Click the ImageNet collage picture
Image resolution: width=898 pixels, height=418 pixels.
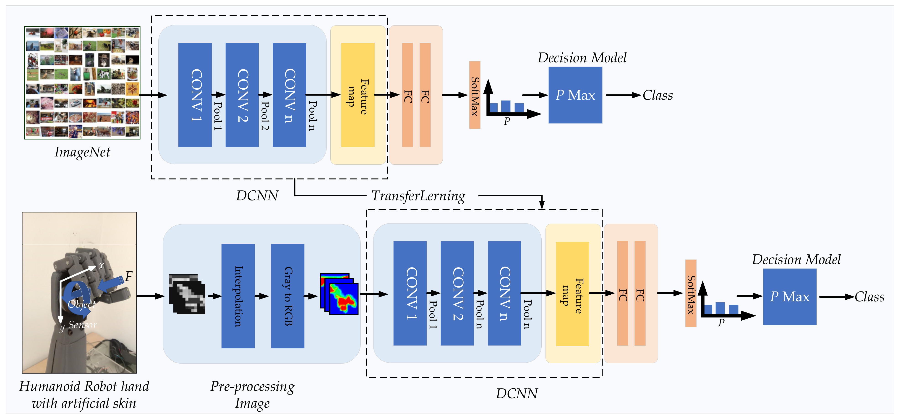(x=82, y=83)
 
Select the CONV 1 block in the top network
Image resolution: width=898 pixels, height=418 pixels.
(x=195, y=95)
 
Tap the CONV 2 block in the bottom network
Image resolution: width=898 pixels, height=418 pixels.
(x=457, y=293)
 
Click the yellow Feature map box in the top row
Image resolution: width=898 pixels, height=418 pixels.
(x=358, y=95)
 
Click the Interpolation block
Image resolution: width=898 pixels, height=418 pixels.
(x=238, y=296)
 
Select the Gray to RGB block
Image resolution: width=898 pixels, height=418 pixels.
(x=288, y=296)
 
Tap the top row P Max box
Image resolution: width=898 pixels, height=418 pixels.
(x=575, y=95)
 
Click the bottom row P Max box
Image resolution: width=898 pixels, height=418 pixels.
(x=790, y=296)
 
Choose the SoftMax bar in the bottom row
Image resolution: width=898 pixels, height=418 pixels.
(x=691, y=293)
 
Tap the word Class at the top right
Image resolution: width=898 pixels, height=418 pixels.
(x=658, y=95)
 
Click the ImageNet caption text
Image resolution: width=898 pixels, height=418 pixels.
(x=82, y=152)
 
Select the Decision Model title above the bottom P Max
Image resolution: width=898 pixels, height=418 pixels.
(x=796, y=260)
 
